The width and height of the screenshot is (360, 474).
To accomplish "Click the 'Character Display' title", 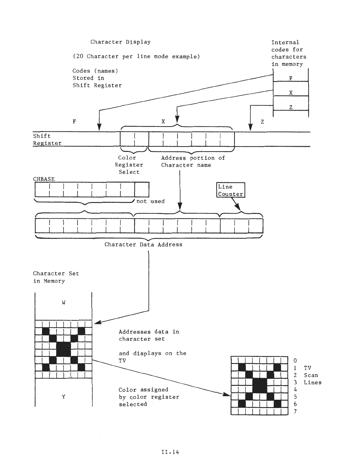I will coord(120,42).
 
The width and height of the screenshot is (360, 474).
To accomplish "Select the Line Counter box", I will coord(231,190).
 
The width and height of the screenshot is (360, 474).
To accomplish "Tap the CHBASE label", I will coord(44,179).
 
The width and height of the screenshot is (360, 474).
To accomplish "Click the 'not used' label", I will coord(150,201).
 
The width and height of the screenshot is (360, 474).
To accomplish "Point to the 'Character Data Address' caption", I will coord(143,244).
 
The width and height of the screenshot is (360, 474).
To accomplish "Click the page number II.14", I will coord(170,452).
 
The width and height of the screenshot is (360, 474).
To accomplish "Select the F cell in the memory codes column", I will coord(290,78).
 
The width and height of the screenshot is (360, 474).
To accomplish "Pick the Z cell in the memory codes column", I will coord(290,107).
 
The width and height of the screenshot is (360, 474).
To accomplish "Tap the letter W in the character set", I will coord(64,302).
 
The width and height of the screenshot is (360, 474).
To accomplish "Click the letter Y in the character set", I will coord(64,396).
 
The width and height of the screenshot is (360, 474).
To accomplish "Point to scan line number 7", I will coord(295,411).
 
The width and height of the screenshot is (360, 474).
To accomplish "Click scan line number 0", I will coord(295,360).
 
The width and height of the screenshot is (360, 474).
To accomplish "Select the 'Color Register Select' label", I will coord(129,165).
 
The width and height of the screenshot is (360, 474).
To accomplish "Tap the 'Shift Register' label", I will coord(47,139).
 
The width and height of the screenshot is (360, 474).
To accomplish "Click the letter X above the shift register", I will coord(163,121).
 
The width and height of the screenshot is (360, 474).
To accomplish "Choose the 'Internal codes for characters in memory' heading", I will coord(288,53).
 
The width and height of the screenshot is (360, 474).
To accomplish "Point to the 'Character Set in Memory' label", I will coord(56,277).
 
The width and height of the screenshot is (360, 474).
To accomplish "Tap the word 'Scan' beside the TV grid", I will coord(311,375).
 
